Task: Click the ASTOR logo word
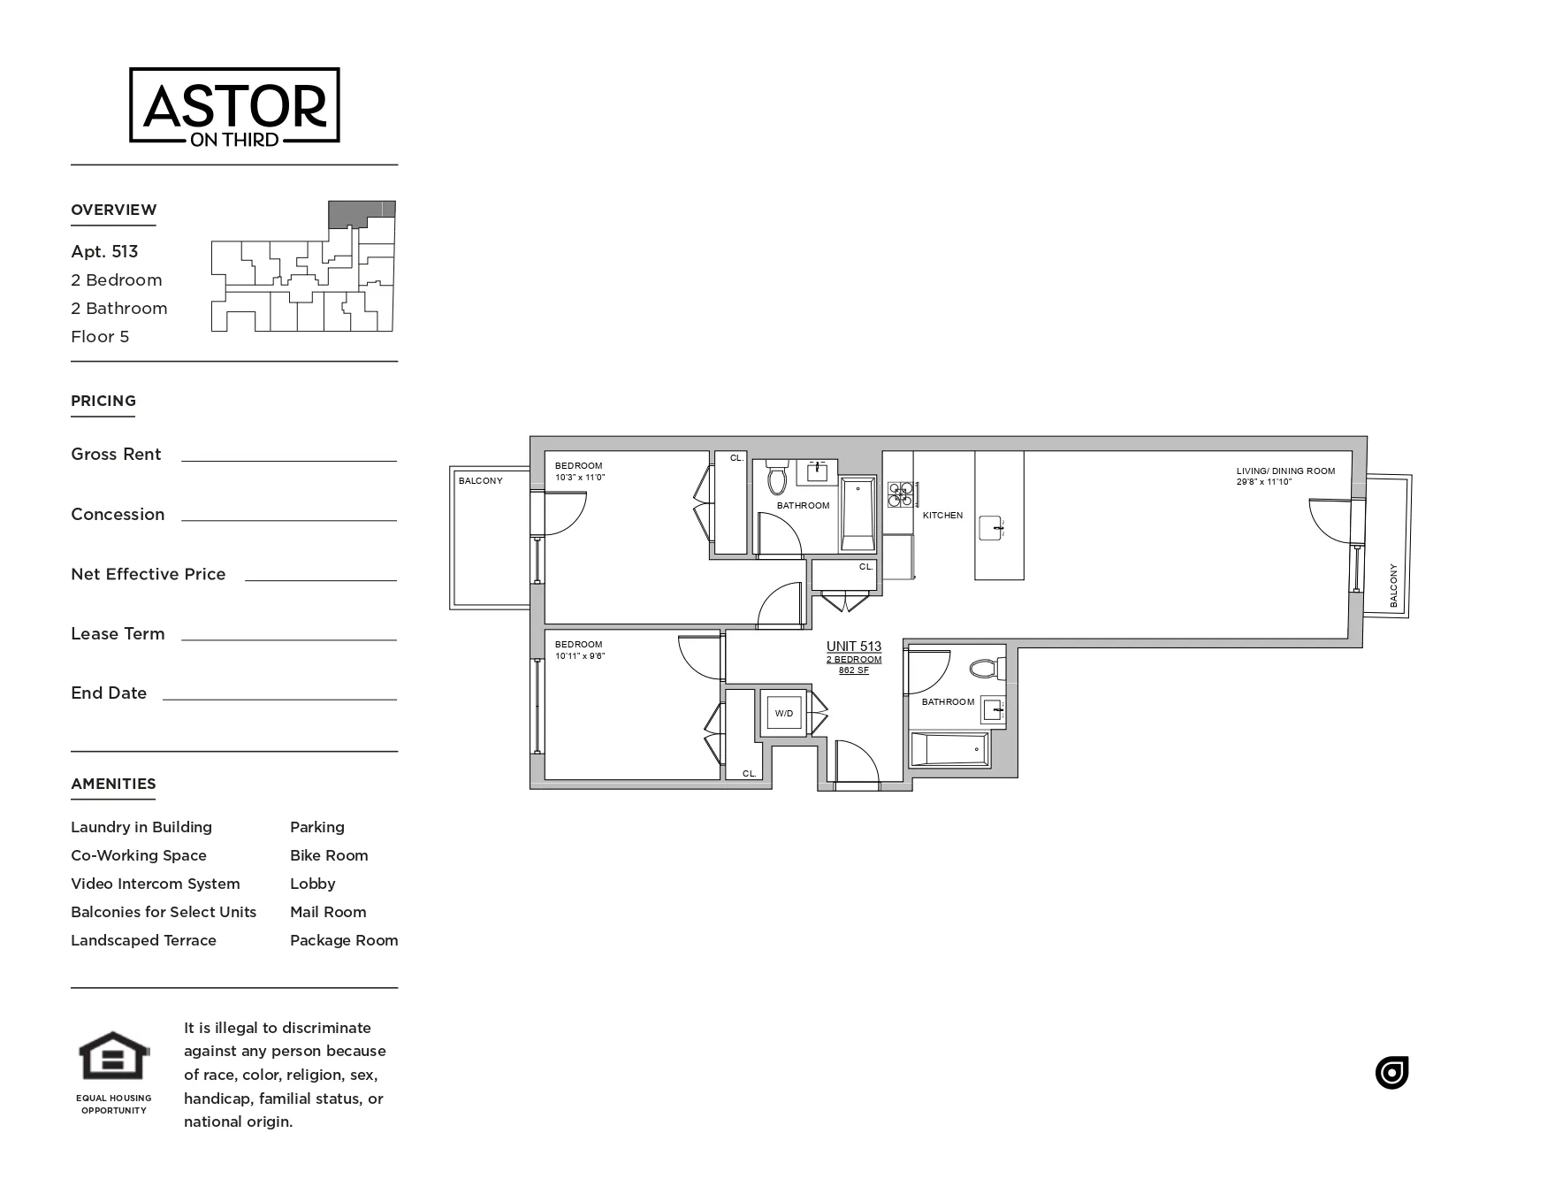coord(234,105)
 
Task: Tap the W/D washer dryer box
coord(784,713)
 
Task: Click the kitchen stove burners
coord(900,494)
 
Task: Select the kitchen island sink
coord(992,529)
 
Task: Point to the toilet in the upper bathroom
coord(777,478)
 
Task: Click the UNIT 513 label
coord(853,647)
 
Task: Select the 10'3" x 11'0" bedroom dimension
coord(580,478)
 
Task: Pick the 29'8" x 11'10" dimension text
coord(1264,482)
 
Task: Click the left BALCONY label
coord(480,481)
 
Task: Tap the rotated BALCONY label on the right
coord(1394,586)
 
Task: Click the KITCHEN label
coord(942,515)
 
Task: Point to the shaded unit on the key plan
coord(361,213)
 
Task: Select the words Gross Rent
coord(116,455)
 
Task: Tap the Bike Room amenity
coord(329,855)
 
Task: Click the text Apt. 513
coord(104,251)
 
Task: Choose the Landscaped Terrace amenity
coord(143,940)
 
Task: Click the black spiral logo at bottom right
coord(1391,1073)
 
